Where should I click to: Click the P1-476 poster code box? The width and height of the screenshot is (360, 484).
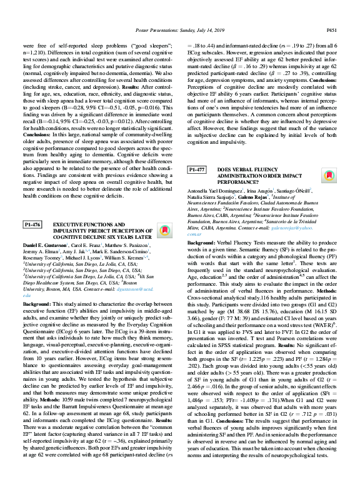(x=32, y=206)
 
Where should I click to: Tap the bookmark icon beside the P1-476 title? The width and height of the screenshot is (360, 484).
(x=45, y=206)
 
